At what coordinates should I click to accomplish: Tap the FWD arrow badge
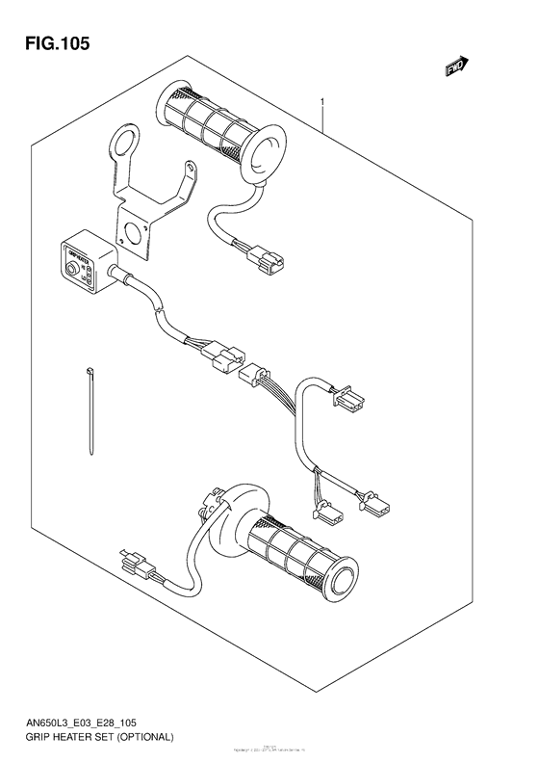tap(454, 66)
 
